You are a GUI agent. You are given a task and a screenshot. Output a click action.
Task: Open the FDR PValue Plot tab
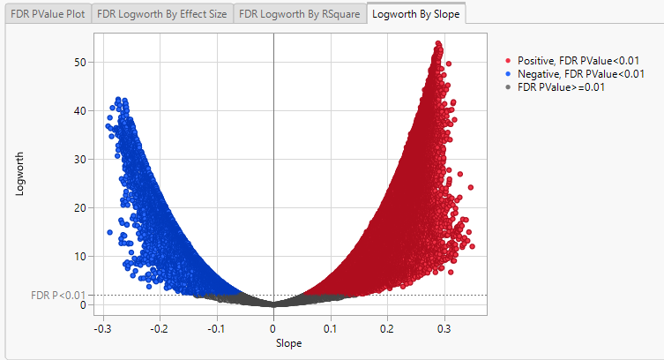[x=48, y=14]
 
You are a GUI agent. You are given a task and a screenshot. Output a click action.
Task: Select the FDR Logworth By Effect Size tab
[x=161, y=14]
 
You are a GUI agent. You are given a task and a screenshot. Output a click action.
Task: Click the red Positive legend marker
[x=509, y=59]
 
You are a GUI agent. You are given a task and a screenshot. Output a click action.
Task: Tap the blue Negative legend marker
[x=509, y=73]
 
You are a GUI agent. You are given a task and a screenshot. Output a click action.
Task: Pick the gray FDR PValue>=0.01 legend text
[x=561, y=87]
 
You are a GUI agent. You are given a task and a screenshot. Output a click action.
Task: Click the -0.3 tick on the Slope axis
[x=101, y=328]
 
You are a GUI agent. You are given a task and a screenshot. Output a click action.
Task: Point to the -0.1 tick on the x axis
[x=215, y=328]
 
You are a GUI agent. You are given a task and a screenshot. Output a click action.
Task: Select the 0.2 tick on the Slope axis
[x=387, y=328]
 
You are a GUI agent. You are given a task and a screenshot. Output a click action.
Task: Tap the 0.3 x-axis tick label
[x=444, y=328]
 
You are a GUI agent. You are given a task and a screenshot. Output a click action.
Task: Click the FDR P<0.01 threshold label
[x=58, y=295]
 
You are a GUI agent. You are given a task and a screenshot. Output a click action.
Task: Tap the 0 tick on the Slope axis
[x=273, y=328]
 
